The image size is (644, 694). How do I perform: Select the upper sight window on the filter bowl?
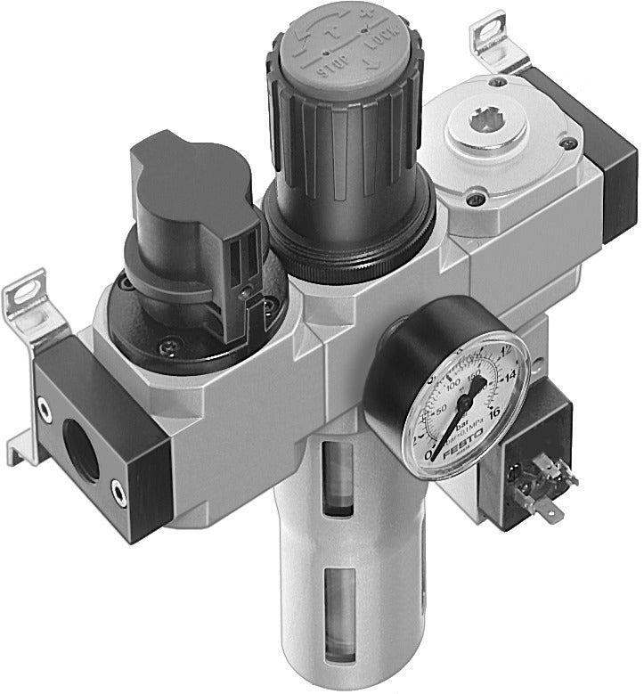coord(339,478)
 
